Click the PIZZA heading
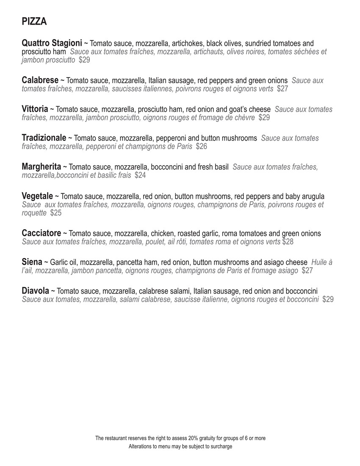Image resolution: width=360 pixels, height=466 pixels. [34, 22]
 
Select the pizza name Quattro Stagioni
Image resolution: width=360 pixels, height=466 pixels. [52, 43]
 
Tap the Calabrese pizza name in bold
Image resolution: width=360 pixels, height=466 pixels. [40, 80]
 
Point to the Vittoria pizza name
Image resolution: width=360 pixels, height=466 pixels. [35, 109]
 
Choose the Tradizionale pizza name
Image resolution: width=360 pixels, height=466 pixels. [44, 138]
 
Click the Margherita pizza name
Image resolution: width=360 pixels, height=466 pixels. [42, 166]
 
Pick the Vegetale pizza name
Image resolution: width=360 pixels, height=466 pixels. [37, 196]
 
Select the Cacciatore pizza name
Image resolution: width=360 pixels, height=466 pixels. [42, 233]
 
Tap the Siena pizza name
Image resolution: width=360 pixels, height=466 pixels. [32, 262]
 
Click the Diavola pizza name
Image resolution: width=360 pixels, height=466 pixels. [35, 291]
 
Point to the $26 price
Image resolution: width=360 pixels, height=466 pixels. [202, 147]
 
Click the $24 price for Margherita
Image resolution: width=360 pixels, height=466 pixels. [140, 175]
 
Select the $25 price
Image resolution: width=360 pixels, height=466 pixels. [56, 213]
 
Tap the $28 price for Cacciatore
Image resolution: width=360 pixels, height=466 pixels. [288, 242]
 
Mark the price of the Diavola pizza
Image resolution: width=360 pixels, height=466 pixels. [328, 300]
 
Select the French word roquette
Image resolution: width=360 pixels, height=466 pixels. [34, 213]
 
